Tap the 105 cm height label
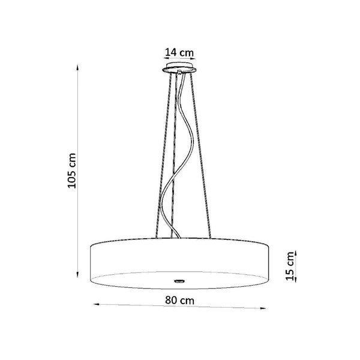click(73, 170)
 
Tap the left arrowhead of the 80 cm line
click(95, 304)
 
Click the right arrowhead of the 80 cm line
click(266, 308)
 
